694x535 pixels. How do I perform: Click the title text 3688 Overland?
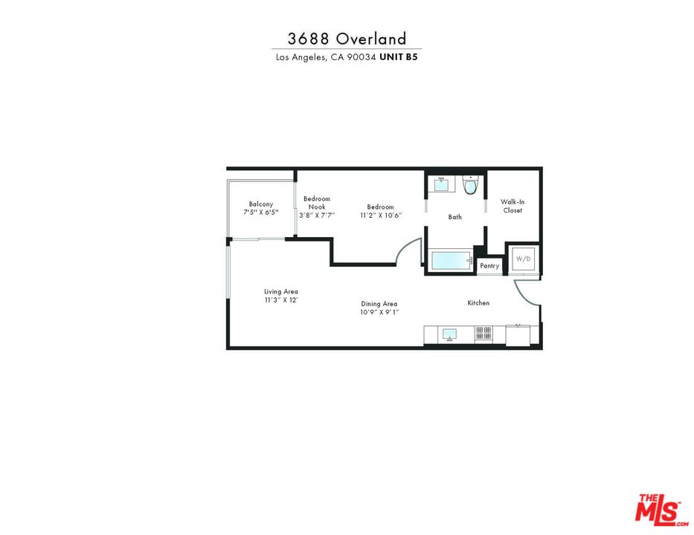[x=347, y=39]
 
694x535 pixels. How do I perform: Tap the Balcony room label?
[x=261, y=204]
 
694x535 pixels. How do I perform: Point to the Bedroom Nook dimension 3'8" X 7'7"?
[x=317, y=215]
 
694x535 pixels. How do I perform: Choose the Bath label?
[x=455, y=217]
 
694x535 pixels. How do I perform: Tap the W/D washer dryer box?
[x=524, y=259]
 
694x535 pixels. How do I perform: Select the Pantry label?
[x=489, y=266]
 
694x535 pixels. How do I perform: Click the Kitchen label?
[x=478, y=302]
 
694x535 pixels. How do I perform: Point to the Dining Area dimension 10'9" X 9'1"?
[x=379, y=312]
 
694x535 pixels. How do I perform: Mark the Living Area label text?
[x=280, y=291]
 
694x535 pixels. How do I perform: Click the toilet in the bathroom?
[x=469, y=186]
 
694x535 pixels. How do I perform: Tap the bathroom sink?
[x=441, y=184]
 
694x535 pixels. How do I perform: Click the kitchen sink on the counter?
[x=449, y=334]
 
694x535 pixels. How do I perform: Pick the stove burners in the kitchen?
[x=483, y=334]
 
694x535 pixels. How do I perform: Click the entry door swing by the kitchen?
[x=527, y=294]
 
